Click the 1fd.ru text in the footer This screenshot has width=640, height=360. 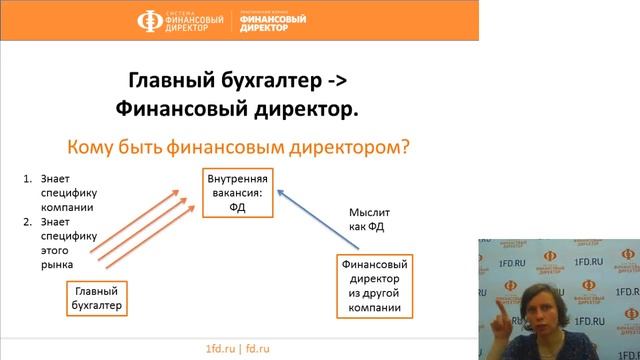[219, 349]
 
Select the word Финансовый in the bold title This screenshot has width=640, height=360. [179, 107]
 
